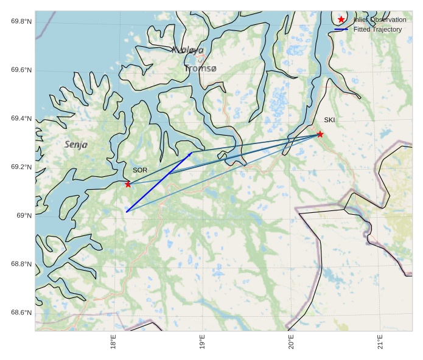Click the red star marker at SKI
320,134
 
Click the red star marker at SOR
128,184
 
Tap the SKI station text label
329,120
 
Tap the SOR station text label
140,170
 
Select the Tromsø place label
200,69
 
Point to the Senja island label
76,145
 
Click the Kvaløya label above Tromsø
187,50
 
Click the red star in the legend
341,19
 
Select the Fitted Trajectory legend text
377,29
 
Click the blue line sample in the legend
341,29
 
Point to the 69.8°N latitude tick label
21,22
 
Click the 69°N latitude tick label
24,216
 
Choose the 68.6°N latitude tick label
21,313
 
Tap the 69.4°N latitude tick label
21,119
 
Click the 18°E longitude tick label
113,342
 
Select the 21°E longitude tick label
380,342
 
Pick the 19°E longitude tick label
202,342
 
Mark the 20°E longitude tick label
292,342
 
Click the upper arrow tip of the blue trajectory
192,153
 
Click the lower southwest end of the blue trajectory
127,211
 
